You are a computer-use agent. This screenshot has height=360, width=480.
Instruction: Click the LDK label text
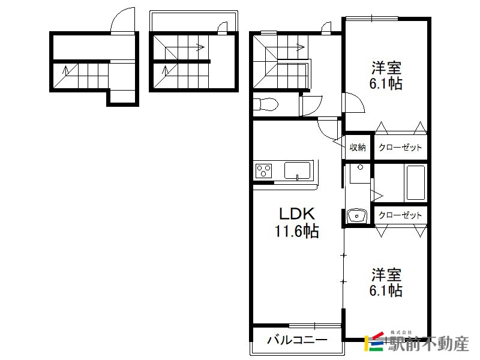coord(297,214)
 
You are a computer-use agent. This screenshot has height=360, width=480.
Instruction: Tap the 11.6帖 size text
coord(296,231)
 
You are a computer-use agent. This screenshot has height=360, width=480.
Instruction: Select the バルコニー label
coord(297,340)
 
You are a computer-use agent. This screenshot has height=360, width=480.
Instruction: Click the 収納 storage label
coord(358,147)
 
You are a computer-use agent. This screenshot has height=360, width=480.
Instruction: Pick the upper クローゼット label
coord(400,147)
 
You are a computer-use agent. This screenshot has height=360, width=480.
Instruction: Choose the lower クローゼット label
coord(400,215)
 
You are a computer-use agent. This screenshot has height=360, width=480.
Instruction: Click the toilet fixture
coord(266,104)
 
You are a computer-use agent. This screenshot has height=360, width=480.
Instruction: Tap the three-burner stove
coord(264,171)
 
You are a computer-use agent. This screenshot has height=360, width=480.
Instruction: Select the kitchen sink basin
coord(297,170)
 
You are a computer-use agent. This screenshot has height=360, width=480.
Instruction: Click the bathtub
coord(415,184)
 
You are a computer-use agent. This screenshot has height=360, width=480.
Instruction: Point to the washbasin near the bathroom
coord(357,215)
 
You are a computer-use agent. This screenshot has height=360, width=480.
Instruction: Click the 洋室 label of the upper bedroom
coord(386,68)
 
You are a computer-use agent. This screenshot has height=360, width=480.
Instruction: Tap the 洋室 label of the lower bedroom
coord(386,275)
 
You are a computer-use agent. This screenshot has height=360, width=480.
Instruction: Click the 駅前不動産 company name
coord(428,344)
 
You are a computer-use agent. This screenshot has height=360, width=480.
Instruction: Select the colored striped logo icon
coord(374,341)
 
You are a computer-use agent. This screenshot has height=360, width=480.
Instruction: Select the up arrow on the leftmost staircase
coord(65,70)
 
